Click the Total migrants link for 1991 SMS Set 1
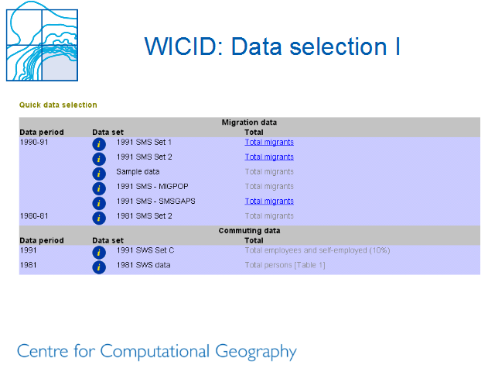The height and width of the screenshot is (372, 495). [x=269, y=143]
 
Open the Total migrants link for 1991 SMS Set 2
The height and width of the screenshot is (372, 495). [x=269, y=157]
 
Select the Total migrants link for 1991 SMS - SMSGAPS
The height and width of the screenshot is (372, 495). [x=269, y=201]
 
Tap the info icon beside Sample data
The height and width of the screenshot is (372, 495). [x=99, y=174]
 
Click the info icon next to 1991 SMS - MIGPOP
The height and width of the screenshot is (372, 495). [x=99, y=188]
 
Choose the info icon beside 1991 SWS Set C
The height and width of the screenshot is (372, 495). [x=99, y=253]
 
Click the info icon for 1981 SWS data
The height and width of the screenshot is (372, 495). [x=99, y=267]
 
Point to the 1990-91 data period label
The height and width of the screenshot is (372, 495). [x=34, y=143]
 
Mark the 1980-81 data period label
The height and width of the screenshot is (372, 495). [x=34, y=216]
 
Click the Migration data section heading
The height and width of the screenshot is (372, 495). [x=249, y=122]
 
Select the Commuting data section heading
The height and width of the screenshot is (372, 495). [x=249, y=231]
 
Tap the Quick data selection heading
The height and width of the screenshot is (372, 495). [x=58, y=105]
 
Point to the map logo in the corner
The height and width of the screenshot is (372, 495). [x=42, y=41]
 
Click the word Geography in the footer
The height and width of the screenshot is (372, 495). [x=256, y=352]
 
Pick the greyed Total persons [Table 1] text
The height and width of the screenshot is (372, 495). [x=285, y=265]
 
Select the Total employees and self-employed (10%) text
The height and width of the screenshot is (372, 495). [x=318, y=250]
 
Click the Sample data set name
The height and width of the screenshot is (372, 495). [x=138, y=172]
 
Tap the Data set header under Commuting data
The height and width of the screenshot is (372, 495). [x=108, y=240]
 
